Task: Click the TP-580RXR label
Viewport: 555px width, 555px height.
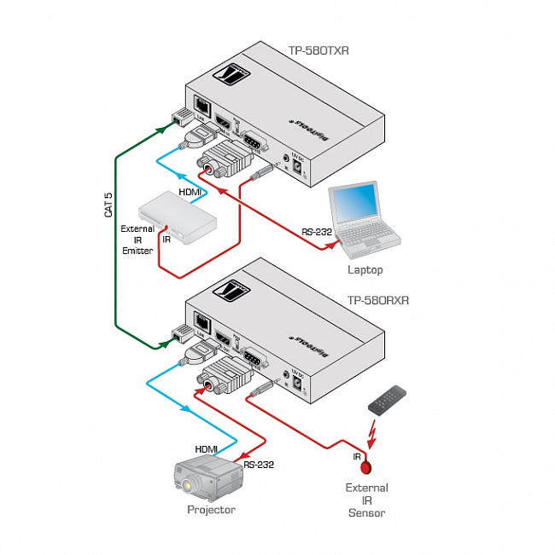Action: click(378, 300)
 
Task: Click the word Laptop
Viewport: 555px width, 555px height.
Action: click(365, 269)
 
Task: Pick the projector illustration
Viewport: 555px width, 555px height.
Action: click(208, 478)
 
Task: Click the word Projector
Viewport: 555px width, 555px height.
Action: click(211, 510)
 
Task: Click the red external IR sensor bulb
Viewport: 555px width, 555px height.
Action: click(366, 466)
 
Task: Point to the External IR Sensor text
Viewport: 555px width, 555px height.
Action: click(366, 500)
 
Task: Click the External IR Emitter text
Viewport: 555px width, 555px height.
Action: click(137, 240)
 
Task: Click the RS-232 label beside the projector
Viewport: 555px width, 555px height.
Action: click(259, 465)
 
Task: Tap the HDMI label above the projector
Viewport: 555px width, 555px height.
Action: click(206, 448)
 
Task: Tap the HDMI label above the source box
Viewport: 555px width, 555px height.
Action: click(190, 192)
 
